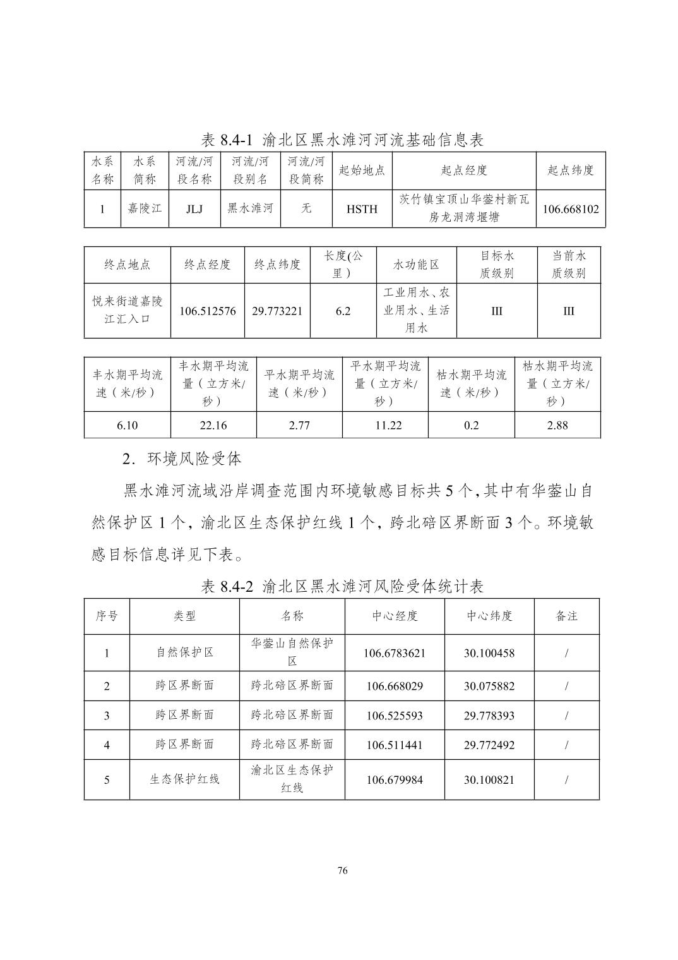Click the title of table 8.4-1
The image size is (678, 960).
tap(342, 140)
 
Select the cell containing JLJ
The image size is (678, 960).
tap(194, 209)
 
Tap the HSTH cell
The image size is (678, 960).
tap(362, 209)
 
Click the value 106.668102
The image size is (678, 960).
tap(571, 209)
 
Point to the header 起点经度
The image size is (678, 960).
tap(464, 171)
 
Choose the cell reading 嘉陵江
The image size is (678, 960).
tap(145, 208)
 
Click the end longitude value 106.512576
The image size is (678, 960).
tap(208, 311)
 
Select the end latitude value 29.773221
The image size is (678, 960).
tap(277, 311)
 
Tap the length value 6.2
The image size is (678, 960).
tap(343, 311)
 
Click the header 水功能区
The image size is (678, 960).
tap(416, 265)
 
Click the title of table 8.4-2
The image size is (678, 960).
tap(342, 587)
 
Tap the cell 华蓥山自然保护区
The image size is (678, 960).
tap(292, 652)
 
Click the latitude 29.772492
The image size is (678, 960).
tap(489, 745)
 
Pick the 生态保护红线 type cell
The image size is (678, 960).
tap(184, 779)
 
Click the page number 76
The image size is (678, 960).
tap(342, 871)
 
